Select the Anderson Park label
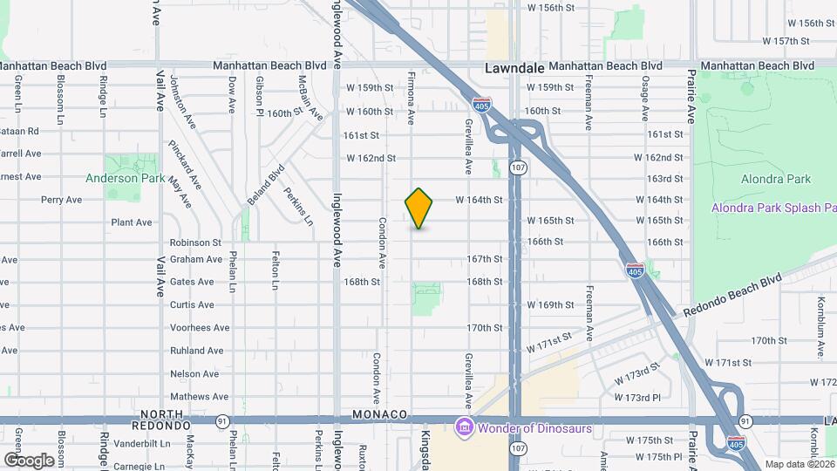pyautogui.click(x=125, y=178)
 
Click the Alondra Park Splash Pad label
pyautogui.click(x=773, y=208)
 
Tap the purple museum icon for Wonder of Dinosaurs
pyautogui.click(x=464, y=427)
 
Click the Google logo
pyautogui.click(x=29, y=460)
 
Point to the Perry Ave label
pyautogui.click(x=61, y=200)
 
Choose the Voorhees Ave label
pyautogui.click(x=200, y=328)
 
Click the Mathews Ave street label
pyautogui.click(x=199, y=397)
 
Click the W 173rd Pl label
pyautogui.click(x=647, y=398)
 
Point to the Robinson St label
pyautogui.click(x=195, y=242)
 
